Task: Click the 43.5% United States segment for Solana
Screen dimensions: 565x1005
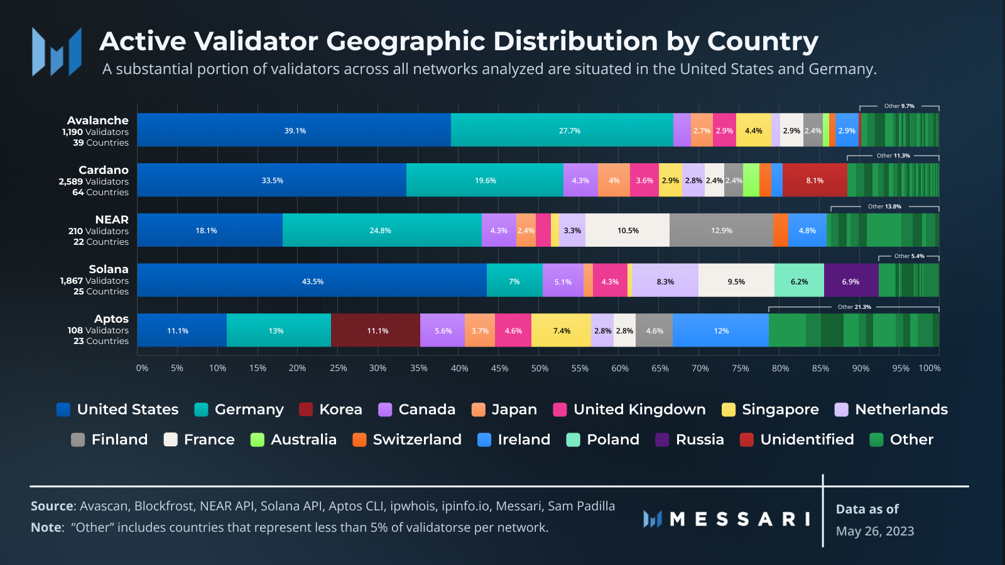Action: (x=312, y=281)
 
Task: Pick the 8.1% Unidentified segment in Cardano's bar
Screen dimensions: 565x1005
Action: (x=815, y=180)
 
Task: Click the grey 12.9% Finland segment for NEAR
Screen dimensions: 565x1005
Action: (x=721, y=230)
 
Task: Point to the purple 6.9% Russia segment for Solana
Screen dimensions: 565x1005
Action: (x=850, y=281)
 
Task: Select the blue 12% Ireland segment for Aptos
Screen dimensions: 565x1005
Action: (x=720, y=330)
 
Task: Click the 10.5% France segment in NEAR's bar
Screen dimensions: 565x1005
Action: (x=627, y=230)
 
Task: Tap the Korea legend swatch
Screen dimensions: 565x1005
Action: (x=306, y=409)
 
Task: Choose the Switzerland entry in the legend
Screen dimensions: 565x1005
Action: (x=407, y=439)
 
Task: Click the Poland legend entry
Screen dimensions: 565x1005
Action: (x=603, y=439)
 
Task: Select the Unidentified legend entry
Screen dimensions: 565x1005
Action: (x=797, y=439)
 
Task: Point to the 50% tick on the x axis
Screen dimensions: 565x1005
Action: (x=540, y=368)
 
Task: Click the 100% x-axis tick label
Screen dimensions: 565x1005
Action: (x=930, y=368)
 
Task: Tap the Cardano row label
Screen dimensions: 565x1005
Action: (x=103, y=170)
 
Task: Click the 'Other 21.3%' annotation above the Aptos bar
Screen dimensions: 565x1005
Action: (x=854, y=307)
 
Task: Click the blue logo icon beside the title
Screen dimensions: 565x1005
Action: (x=57, y=51)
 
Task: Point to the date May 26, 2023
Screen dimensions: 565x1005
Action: (x=875, y=531)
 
